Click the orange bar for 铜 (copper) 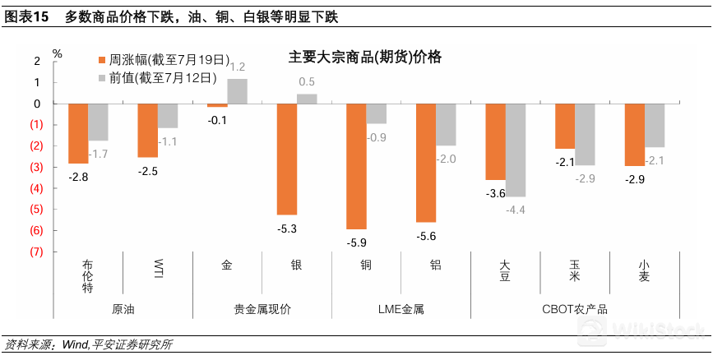[355, 166]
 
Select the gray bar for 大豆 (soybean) [516, 150]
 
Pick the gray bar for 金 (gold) [237, 91]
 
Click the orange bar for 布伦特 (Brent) [78, 133]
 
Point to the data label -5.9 [355, 243]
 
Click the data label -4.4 [516, 210]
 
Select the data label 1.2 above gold [238, 67]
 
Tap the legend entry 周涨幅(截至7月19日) [157, 60]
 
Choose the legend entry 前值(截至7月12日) [157, 78]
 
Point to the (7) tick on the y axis [36, 252]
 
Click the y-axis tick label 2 [37, 61]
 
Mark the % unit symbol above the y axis [57, 53]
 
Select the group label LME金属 [400, 309]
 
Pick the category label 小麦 [644, 271]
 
